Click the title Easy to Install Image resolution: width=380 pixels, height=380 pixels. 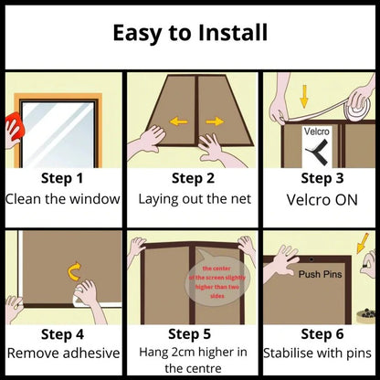pyautogui.click(x=190, y=34)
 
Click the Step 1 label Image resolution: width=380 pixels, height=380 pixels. pyautogui.click(x=62, y=178)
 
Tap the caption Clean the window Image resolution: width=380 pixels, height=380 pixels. pyautogui.click(x=62, y=197)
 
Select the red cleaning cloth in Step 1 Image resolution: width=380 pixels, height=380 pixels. pyautogui.click(x=12, y=127)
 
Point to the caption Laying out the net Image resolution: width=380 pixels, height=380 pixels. pyautogui.click(x=190, y=197)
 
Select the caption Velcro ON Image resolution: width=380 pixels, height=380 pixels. pyautogui.click(x=316, y=197)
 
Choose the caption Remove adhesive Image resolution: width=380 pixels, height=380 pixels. pyautogui.click(x=62, y=351)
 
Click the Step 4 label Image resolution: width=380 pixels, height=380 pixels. pyautogui.click(x=62, y=332)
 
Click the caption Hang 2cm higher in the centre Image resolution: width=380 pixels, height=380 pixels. pyautogui.click(x=190, y=358)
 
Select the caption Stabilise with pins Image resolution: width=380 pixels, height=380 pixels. pyautogui.click(x=316, y=351)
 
